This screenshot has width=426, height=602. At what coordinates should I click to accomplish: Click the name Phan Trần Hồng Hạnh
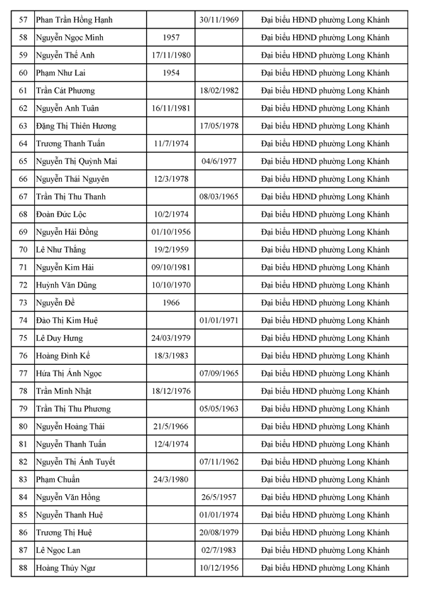74,20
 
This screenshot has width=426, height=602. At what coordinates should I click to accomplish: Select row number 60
23,73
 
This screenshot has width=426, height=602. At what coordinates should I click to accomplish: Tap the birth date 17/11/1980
170,55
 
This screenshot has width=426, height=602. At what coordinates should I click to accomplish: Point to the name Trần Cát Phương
65,91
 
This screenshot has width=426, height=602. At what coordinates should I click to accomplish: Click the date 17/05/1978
219,126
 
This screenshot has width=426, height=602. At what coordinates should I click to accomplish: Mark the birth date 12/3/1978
170,179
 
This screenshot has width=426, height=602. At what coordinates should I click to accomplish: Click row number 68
23,214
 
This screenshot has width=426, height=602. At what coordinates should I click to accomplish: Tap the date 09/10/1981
170,268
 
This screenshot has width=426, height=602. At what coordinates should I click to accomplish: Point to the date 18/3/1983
170,356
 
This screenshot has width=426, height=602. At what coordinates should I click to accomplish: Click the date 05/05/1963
219,409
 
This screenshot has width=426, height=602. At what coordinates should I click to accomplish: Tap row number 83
23,479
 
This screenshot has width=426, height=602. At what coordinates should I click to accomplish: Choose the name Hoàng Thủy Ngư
65,568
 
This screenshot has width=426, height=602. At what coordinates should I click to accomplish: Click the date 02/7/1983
219,550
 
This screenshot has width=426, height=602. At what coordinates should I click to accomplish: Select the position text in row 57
325,20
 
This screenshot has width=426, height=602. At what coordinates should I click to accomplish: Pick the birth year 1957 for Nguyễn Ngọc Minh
170,38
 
